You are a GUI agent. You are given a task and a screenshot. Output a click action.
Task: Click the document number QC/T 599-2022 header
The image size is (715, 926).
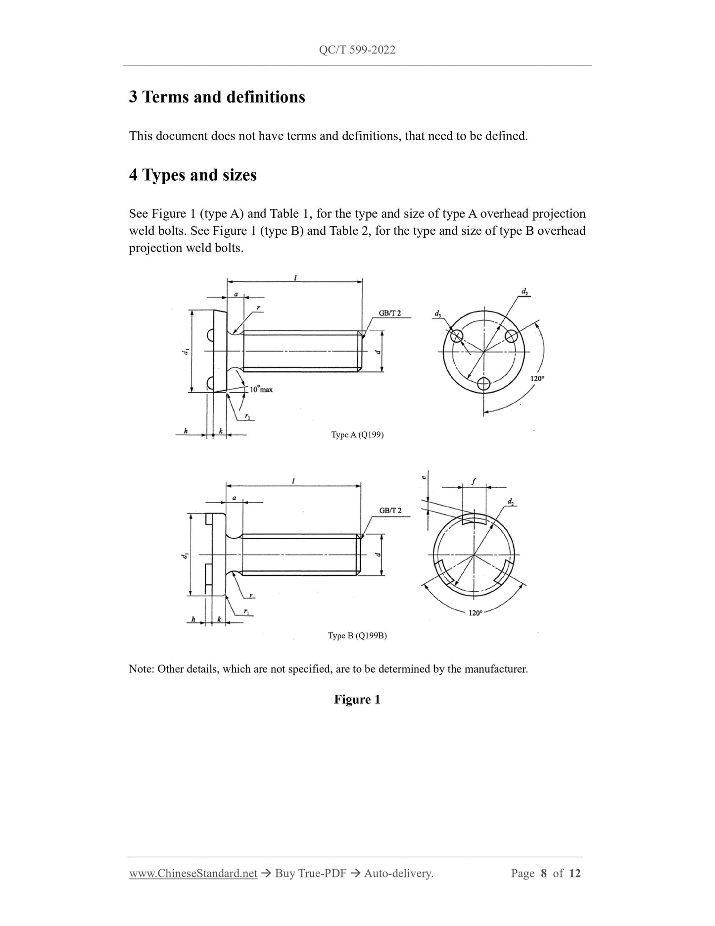point(357,50)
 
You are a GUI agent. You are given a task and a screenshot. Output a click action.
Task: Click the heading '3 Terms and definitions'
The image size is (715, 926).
point(217,97)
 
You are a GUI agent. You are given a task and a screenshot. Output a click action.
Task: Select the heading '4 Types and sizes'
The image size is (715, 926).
point(192,175)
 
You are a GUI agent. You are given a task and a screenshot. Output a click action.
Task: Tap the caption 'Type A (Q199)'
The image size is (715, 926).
point(357,435)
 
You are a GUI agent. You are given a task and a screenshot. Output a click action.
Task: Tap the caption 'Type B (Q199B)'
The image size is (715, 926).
point(357,636)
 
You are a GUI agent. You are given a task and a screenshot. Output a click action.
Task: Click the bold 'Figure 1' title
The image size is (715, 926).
point(357,699)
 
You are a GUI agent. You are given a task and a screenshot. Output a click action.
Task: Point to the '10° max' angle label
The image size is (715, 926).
point(261,389)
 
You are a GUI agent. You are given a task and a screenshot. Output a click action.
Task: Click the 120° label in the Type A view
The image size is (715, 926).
point(537,378)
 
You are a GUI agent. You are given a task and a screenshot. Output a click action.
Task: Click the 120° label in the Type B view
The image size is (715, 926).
point(475,613)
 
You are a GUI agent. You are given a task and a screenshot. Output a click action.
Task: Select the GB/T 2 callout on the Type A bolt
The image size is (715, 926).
point(390,313)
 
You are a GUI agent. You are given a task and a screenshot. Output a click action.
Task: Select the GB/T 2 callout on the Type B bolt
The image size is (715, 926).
point(390,511)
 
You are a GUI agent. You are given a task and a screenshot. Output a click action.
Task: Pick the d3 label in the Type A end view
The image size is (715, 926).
point(437,314)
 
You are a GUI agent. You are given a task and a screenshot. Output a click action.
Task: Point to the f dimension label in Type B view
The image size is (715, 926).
point(474,481)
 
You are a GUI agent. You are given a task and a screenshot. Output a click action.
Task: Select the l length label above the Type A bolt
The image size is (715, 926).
point(295,278)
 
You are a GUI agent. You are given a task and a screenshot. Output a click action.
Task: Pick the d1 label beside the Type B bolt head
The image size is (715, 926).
point(185,556)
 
